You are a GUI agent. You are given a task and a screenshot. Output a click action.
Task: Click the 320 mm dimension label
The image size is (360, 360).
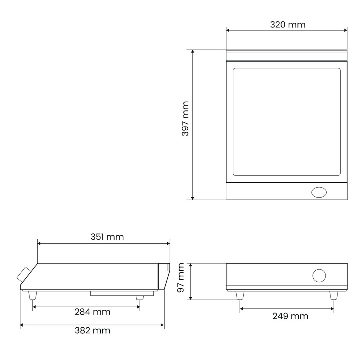point(288,25)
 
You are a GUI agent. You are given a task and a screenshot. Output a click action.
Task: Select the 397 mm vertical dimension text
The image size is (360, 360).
point(185,119)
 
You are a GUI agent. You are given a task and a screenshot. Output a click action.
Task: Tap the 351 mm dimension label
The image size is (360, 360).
point(107,237)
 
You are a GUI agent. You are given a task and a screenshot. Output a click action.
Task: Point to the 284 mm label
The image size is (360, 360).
point(92,312)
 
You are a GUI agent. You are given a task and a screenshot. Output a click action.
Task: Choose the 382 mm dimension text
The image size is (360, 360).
point(92,330)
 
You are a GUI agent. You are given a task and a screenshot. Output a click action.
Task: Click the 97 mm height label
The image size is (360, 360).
point(181,278)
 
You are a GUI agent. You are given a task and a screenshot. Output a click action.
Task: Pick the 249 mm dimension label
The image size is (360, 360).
point(290,316)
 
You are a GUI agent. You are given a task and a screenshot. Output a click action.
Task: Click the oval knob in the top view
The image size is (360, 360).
point(319,192)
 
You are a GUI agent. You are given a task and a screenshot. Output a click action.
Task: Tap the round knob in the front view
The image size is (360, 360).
point(319,276)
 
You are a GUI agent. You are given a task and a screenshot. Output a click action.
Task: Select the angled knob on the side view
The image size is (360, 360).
point(24,275)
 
